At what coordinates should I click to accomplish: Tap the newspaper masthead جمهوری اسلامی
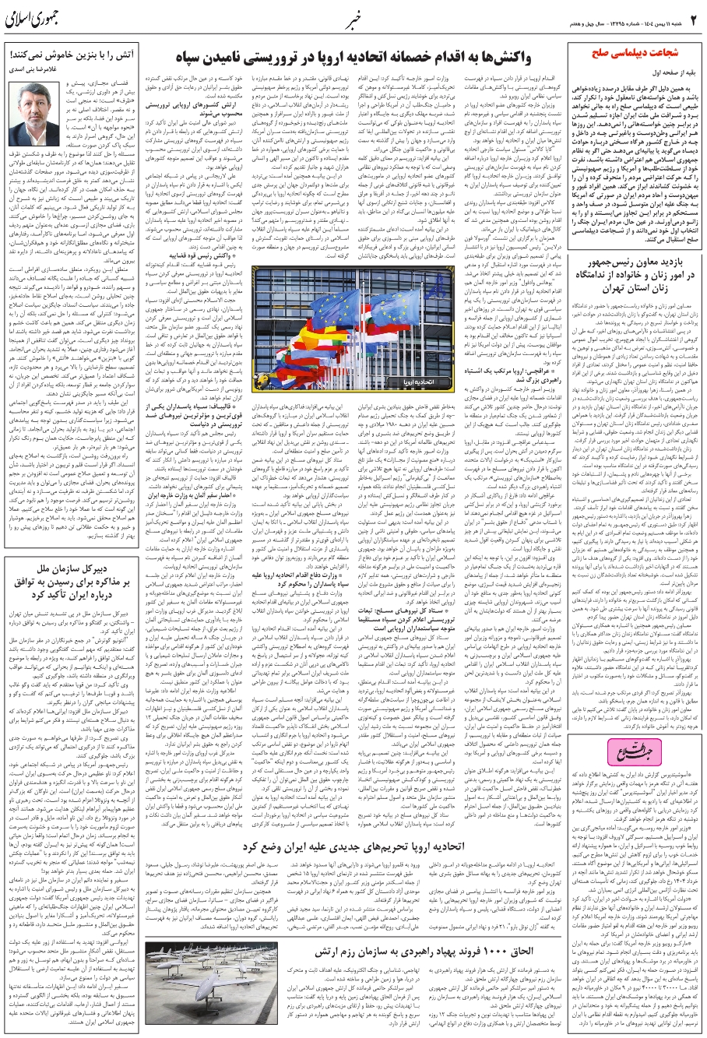[36, 16]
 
